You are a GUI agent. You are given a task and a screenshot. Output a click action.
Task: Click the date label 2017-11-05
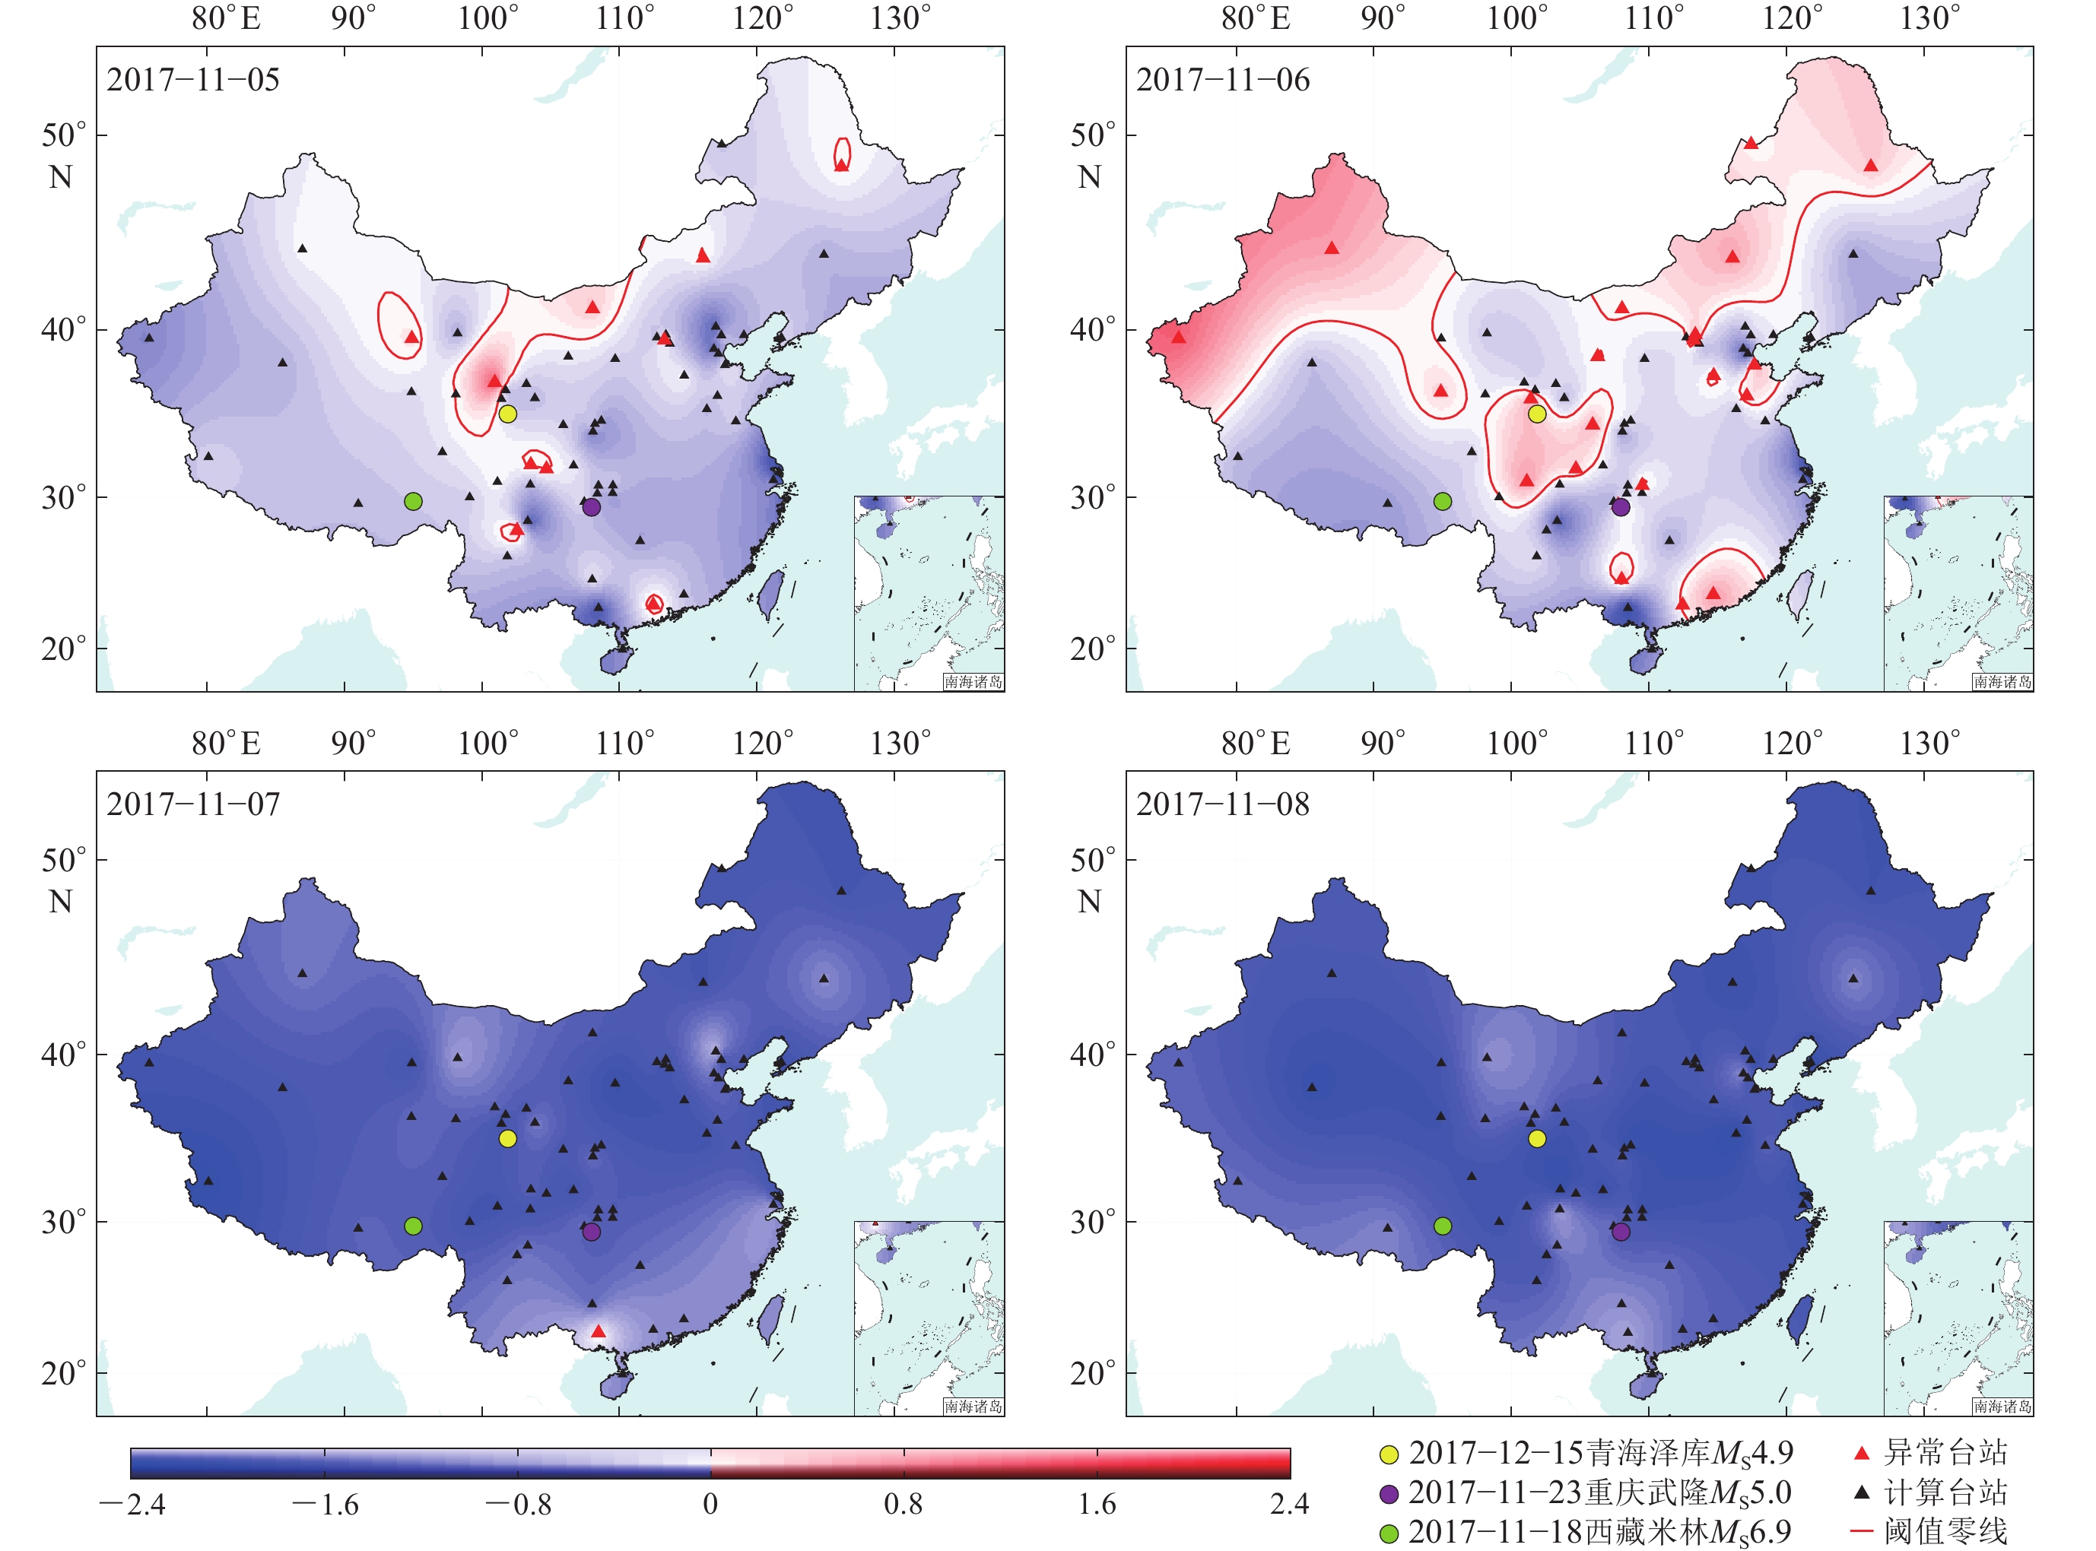[192, 80]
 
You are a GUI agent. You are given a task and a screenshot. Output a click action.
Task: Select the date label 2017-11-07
[192, 804]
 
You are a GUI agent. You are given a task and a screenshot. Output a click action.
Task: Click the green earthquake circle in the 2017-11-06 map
[1443, 501]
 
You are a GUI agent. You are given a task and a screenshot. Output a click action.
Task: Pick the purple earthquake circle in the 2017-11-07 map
[592, 1232]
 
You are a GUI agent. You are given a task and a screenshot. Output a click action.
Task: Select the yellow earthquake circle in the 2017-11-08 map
[1536, 1139]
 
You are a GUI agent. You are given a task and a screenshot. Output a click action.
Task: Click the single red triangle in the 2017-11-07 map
[599, 1331]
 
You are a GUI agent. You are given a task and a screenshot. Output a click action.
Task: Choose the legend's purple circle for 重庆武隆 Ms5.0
[1389, 1495]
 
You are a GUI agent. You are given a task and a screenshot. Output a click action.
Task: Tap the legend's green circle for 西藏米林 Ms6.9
[1389, 1534]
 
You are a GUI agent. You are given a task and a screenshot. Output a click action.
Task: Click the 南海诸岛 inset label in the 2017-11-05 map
[973, 682]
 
